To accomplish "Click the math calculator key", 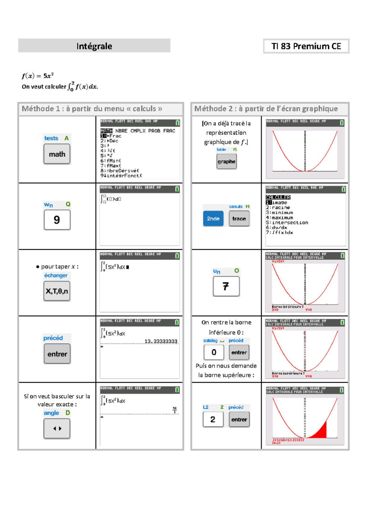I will (57, 154).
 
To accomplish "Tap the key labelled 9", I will (57, 220).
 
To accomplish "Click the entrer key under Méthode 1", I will (57, 354).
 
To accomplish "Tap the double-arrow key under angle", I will (57, 429).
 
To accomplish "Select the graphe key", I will (226, 162).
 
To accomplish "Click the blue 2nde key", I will (213, 219).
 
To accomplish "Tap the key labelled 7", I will (226, 286).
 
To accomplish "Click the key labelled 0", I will (214, 352).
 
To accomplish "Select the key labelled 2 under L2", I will (213, 419).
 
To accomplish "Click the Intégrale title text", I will (94, 46).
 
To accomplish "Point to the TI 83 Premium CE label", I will (306, 46).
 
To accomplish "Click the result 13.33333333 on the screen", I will (161, 341).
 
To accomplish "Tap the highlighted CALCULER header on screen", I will (278, 197).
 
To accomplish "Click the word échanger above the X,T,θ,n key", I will (56, 275).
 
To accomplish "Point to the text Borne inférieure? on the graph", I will (287, 307).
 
